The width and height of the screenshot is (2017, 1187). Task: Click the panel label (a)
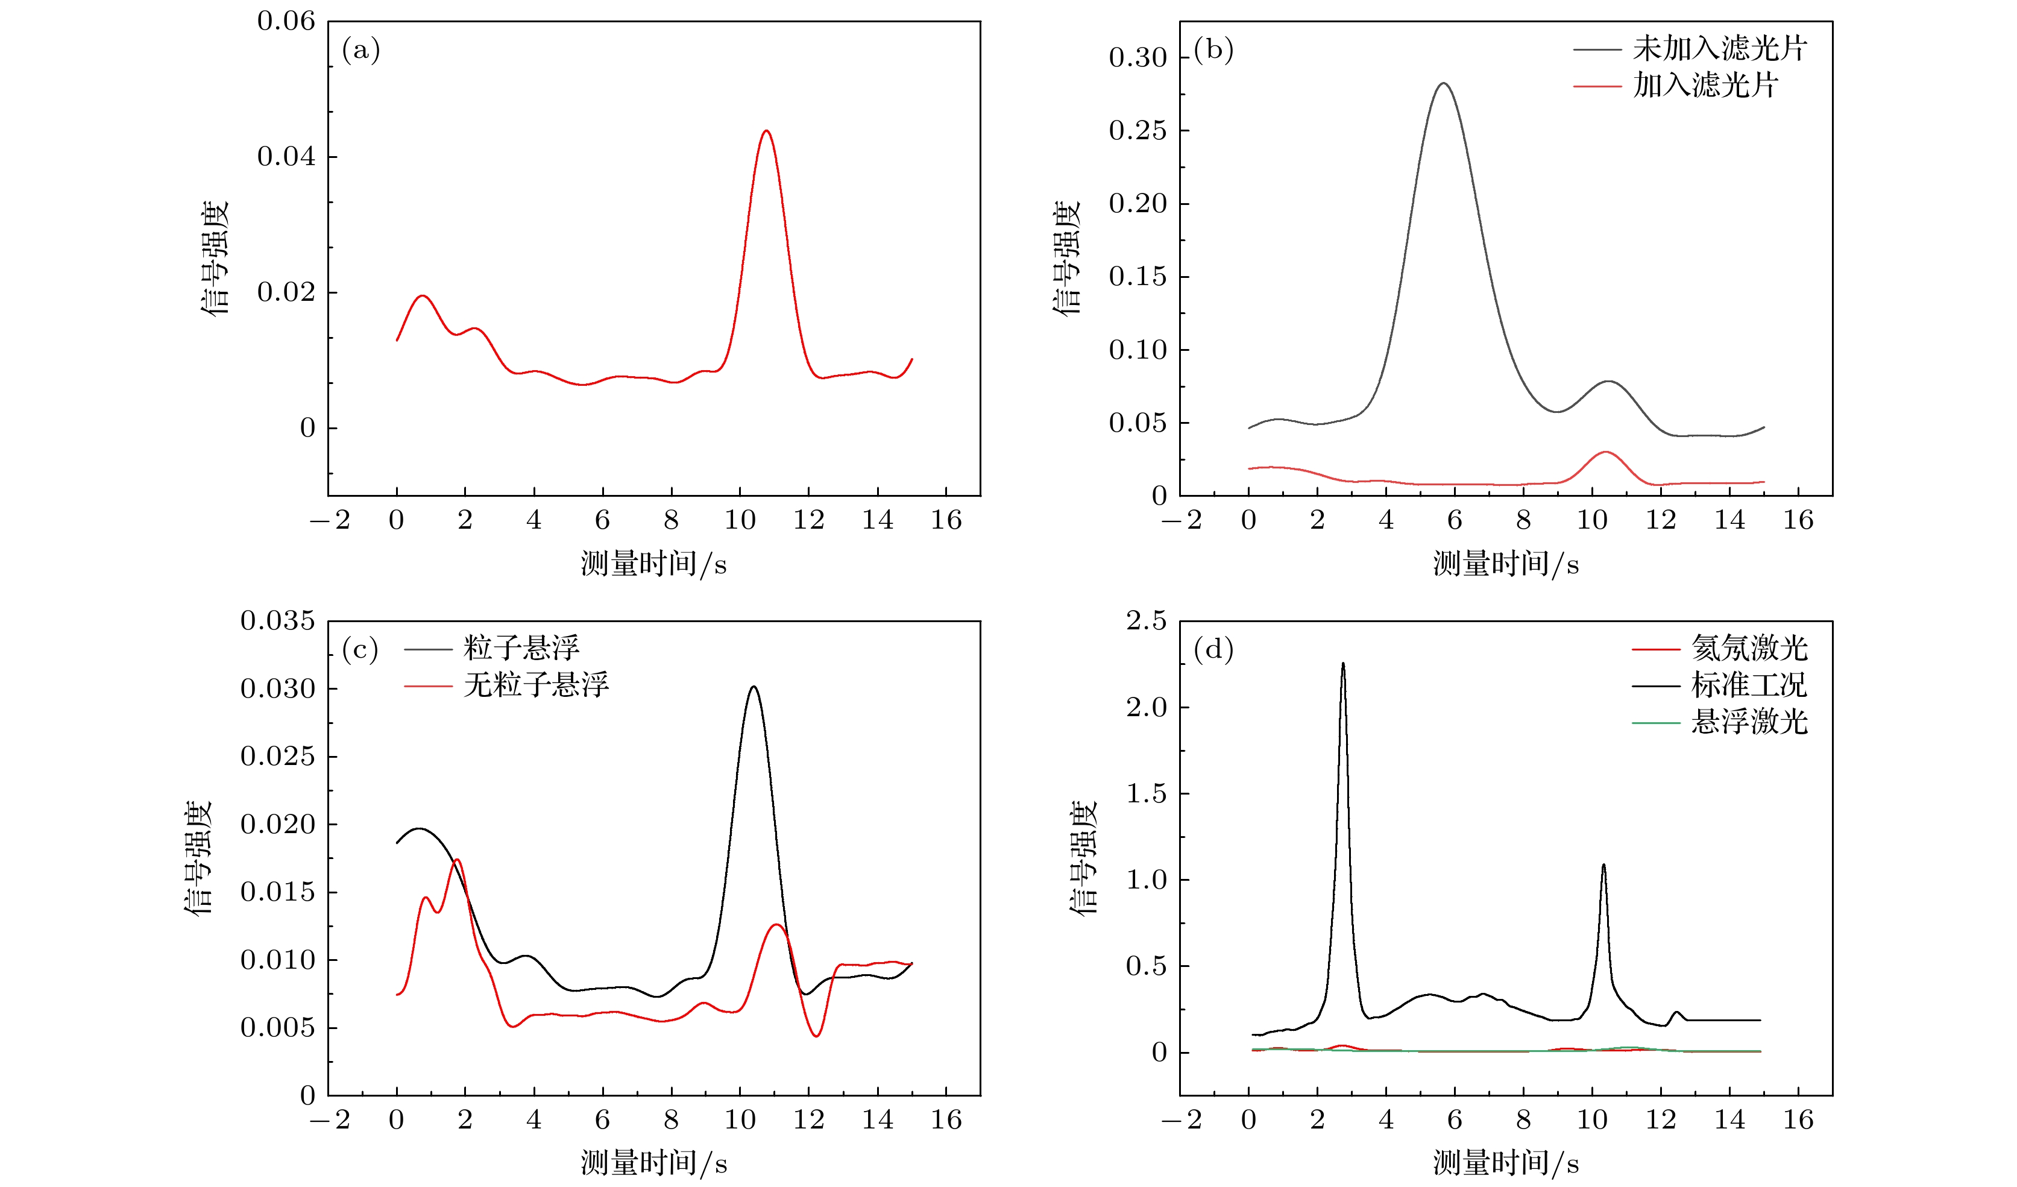click(x=360, y=51)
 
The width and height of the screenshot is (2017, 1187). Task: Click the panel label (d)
click(x=1213, y=649)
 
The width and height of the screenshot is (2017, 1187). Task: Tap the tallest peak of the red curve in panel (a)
click(x=766, y=131)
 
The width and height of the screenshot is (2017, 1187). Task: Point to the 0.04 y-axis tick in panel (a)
click(x=286, y=157)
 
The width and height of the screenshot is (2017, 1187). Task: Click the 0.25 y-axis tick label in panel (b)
click(x=1138, y=130)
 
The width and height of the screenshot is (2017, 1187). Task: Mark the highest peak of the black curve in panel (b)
click(x=1443, y=83)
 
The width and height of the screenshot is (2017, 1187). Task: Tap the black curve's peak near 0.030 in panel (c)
click(x=753, y=687)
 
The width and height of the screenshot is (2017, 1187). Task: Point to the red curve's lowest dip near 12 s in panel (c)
click(x=816, y=1036)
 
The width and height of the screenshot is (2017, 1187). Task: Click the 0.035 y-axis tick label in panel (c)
click(x=278, y=621)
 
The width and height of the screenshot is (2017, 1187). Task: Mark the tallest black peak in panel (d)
click(x=1343, y=664)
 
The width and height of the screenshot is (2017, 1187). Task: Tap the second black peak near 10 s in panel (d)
click(x=1603, y=864)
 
